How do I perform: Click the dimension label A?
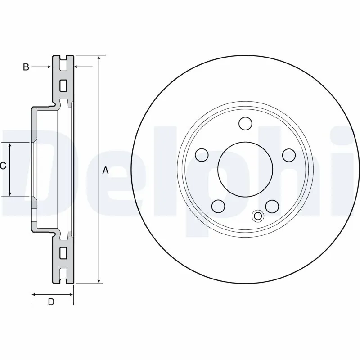click(x=106, y=170)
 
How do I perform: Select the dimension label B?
click(x=26, y=67)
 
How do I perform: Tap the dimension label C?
click(x=3, y=166)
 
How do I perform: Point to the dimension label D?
click(x=51, y=302)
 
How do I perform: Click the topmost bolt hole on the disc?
click(x=245, y=123)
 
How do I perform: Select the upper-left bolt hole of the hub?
click(x=202, y=155)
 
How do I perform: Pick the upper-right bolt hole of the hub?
click(x=288, y=155)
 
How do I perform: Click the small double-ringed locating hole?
click(x=258, y=216)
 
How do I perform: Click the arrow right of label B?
click(x=49, y=67)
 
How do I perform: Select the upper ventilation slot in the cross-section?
click(x=63, y=84)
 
